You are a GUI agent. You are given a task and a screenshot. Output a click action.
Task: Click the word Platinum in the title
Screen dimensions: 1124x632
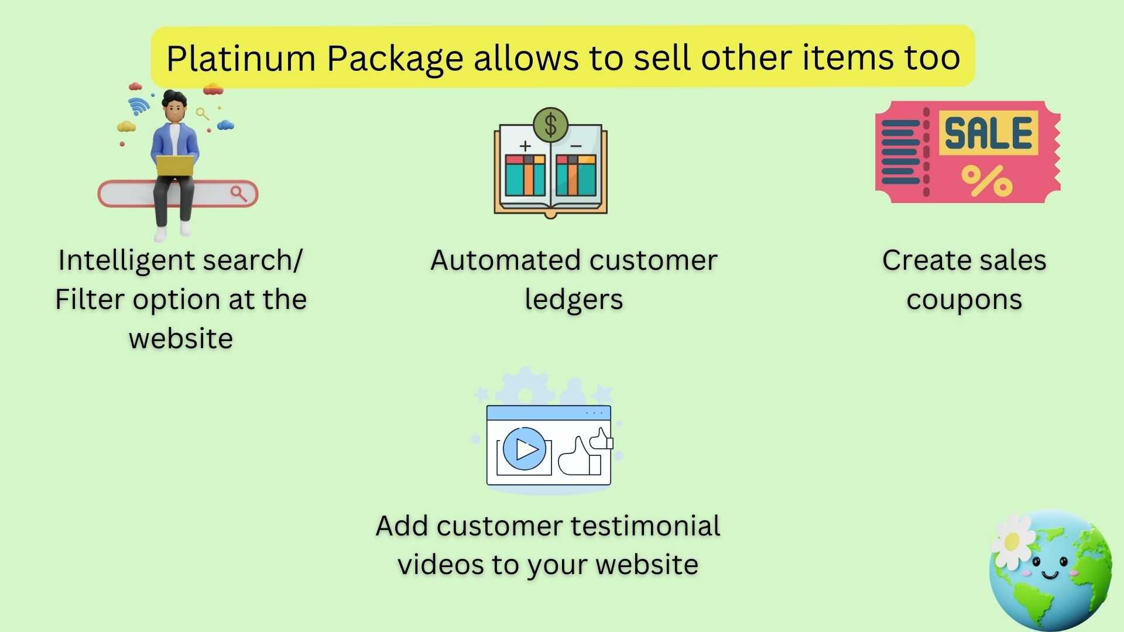click(241, 59)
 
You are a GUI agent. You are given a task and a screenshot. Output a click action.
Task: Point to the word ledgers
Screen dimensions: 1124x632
click(574, 300)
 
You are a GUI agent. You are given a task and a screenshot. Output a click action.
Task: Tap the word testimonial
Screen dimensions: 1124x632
click(645, 525)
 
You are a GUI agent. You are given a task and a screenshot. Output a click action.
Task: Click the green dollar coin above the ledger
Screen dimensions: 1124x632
click(550, 125)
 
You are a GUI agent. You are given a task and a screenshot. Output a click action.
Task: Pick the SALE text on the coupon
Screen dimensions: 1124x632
click(988, 133)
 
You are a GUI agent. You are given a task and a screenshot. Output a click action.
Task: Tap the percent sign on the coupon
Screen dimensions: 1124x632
click(987, 180)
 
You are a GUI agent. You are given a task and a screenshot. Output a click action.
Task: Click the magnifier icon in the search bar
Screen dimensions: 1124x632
click(239, 193)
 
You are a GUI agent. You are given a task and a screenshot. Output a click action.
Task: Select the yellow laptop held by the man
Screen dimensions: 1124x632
click(174, 166)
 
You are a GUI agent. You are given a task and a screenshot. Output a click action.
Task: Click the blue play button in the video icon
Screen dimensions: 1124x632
click(524, 449)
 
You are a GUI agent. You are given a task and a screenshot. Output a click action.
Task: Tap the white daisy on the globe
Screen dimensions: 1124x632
click(1012, 541)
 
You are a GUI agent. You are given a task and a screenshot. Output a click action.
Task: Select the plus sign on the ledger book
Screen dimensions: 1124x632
click(525, 146)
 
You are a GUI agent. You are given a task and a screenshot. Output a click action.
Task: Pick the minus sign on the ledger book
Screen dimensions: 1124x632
click(576, 146)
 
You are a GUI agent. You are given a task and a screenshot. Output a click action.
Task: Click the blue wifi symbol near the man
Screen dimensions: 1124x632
click(139, 105)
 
